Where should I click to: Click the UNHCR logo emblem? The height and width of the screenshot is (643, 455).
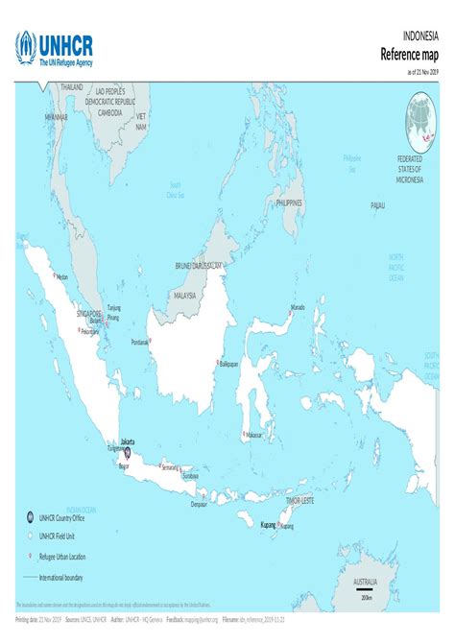pyautogui.click(x=26, y=46)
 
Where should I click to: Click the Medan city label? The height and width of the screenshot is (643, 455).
pyautogui.click(x=62, y=276)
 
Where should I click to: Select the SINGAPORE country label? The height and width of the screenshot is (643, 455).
pyautogui.click(x=89, y=313)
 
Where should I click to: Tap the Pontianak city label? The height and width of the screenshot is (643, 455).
pyautogui.click(x=140, y=342)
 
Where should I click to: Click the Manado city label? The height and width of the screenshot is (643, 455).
pyautogui.click(x=298, y=308)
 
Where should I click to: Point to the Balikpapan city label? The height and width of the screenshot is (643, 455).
pyautogui.click(x=228, y=365)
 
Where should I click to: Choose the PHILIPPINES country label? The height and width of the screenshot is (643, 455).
pyautogui.click(x=289, y=202)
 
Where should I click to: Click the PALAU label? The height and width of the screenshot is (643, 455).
pyautogui.click(x=377, y=205)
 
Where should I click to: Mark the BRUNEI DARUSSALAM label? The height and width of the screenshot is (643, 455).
pyautogui.click(x=199, y=265)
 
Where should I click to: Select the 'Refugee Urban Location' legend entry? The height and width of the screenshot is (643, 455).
pyautogui.click(x=62, y=556)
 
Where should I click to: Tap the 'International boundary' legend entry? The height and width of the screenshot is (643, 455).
pyautogui.click(x=60, y=578)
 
